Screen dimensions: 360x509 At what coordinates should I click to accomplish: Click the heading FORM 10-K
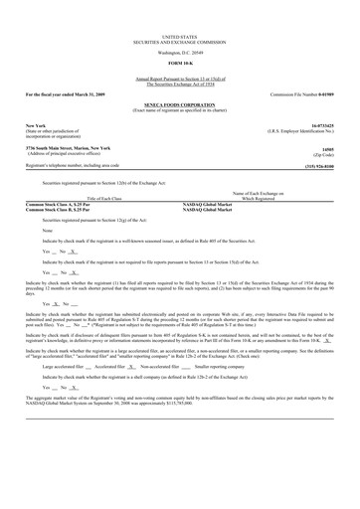pyautogui.click(x=180, y=62)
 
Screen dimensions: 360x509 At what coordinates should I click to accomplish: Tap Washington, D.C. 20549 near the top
pyautogui.click(x=180, y=51)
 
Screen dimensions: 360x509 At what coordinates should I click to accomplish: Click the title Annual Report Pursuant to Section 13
pyautogui.click(x=180, y=76)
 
